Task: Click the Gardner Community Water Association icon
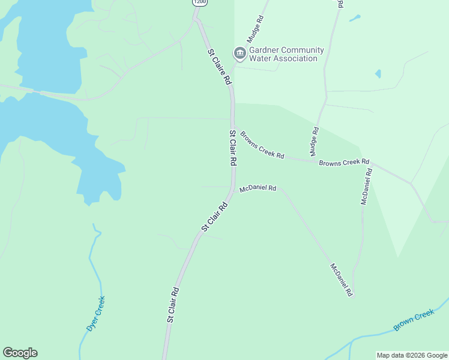coord(240,54)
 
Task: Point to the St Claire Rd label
coord(220,65)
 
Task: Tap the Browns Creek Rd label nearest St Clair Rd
coord(262,145)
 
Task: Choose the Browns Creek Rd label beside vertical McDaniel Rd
coord(344,163)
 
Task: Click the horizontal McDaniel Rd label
coord(258,188)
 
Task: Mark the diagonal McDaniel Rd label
coord(341,280)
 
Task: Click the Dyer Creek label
coord(95,314)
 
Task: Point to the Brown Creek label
coord(414,320)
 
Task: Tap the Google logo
coord(20,353)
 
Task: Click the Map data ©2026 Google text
coord(412,355)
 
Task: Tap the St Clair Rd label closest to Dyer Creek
coord(173,305)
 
